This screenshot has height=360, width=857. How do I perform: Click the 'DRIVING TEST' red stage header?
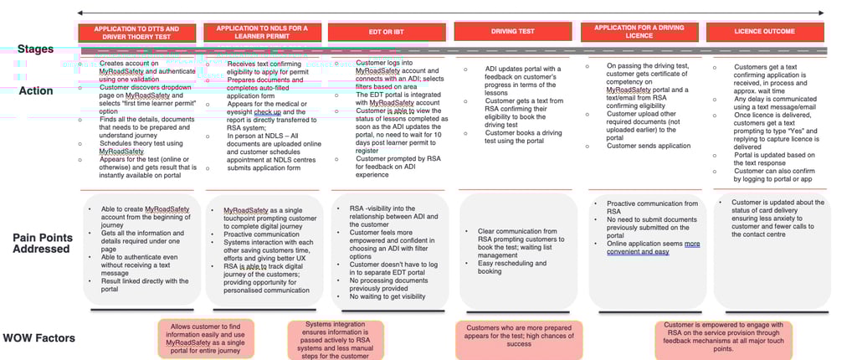click(513, 32)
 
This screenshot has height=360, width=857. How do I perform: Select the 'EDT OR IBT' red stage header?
click(387, 32)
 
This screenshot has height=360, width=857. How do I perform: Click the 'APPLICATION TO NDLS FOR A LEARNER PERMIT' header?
click(262, 32)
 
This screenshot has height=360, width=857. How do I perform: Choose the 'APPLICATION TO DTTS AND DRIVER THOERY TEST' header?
click(137, 32)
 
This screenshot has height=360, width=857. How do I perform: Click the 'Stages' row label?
click(35, 49)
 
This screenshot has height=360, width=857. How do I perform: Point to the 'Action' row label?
click(36, 90)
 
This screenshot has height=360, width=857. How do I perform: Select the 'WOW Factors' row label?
click(38, 338)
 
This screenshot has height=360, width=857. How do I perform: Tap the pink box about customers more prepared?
click(507, 336)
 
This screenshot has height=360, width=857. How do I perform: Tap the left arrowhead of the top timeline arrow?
click(80, 13)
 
